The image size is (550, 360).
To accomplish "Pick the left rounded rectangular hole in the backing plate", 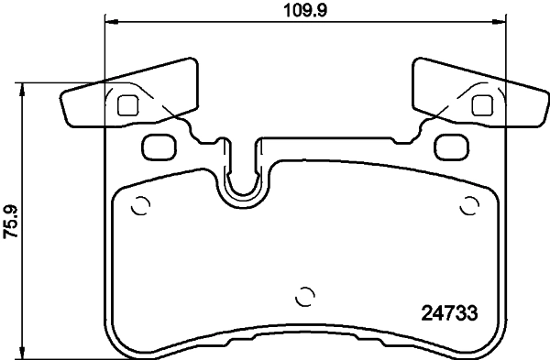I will pos(159,145).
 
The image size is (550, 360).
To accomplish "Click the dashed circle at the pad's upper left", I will pos(140,204).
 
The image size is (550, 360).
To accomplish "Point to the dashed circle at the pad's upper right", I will pos(471,204).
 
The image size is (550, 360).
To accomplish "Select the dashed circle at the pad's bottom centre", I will pos(306,297).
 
